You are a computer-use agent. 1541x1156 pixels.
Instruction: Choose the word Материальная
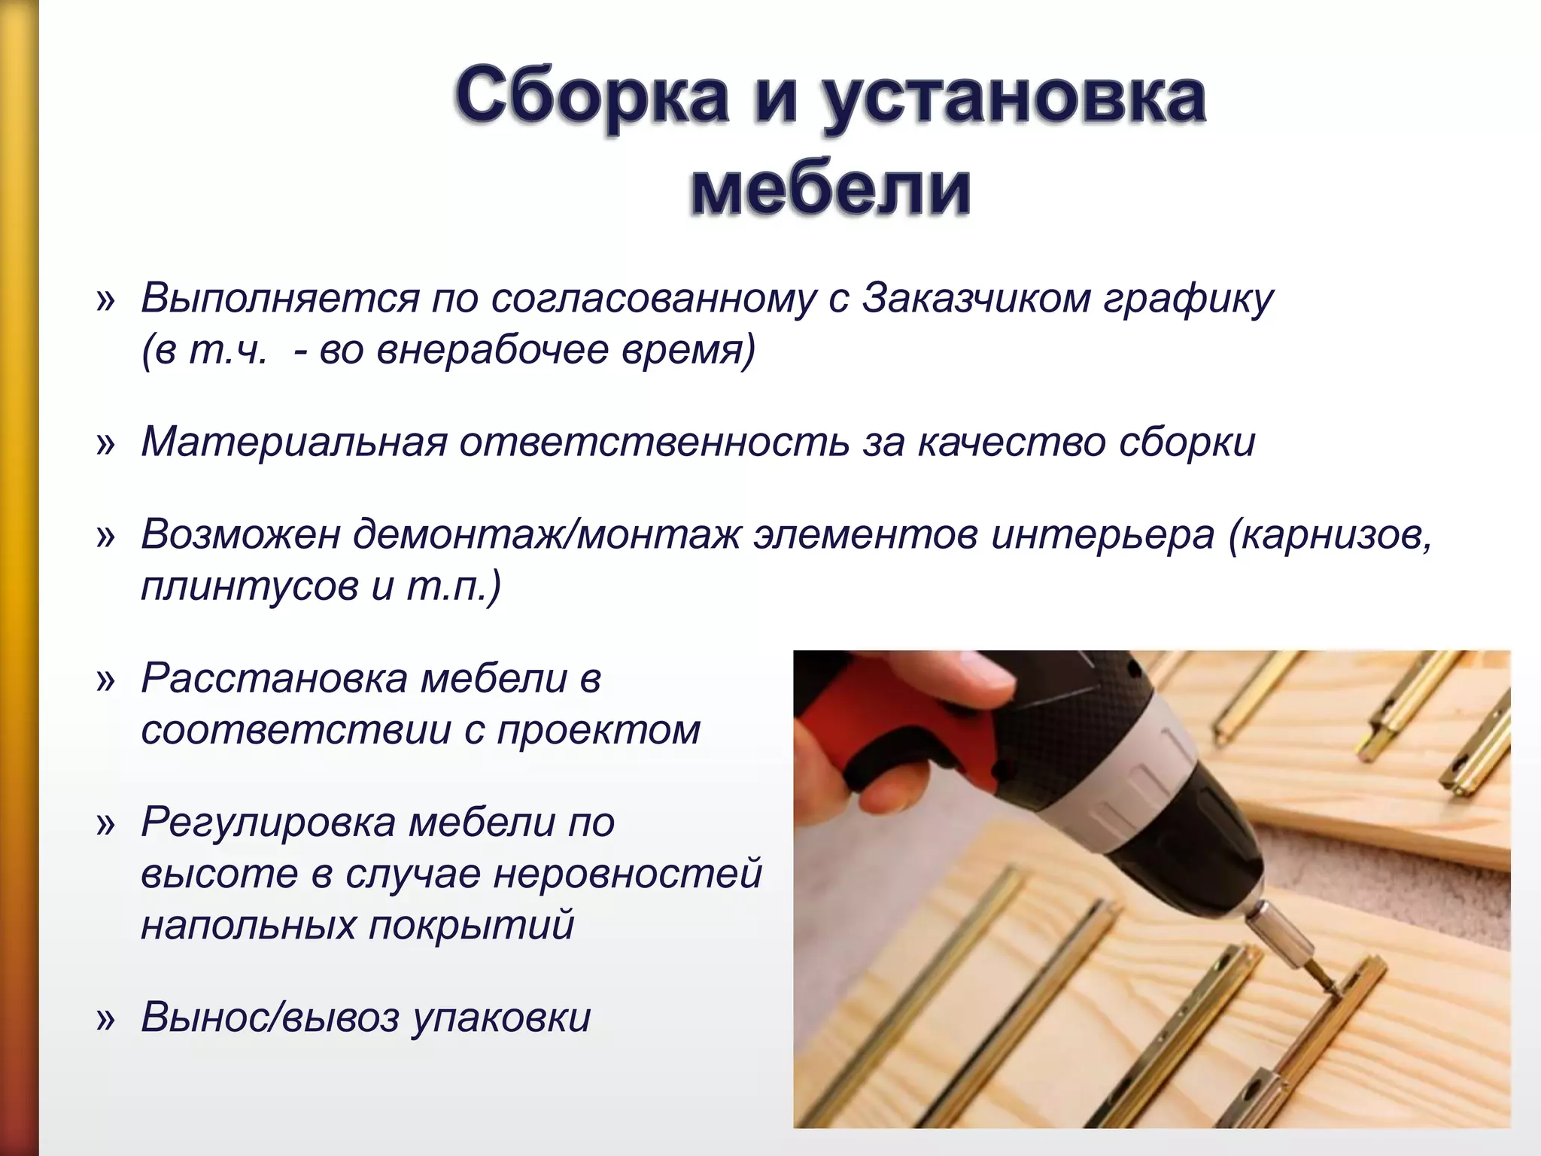tap(294, 442)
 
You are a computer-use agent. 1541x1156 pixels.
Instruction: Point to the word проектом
tap(599, 730)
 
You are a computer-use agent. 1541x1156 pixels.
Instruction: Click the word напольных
tap(248, 925)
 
